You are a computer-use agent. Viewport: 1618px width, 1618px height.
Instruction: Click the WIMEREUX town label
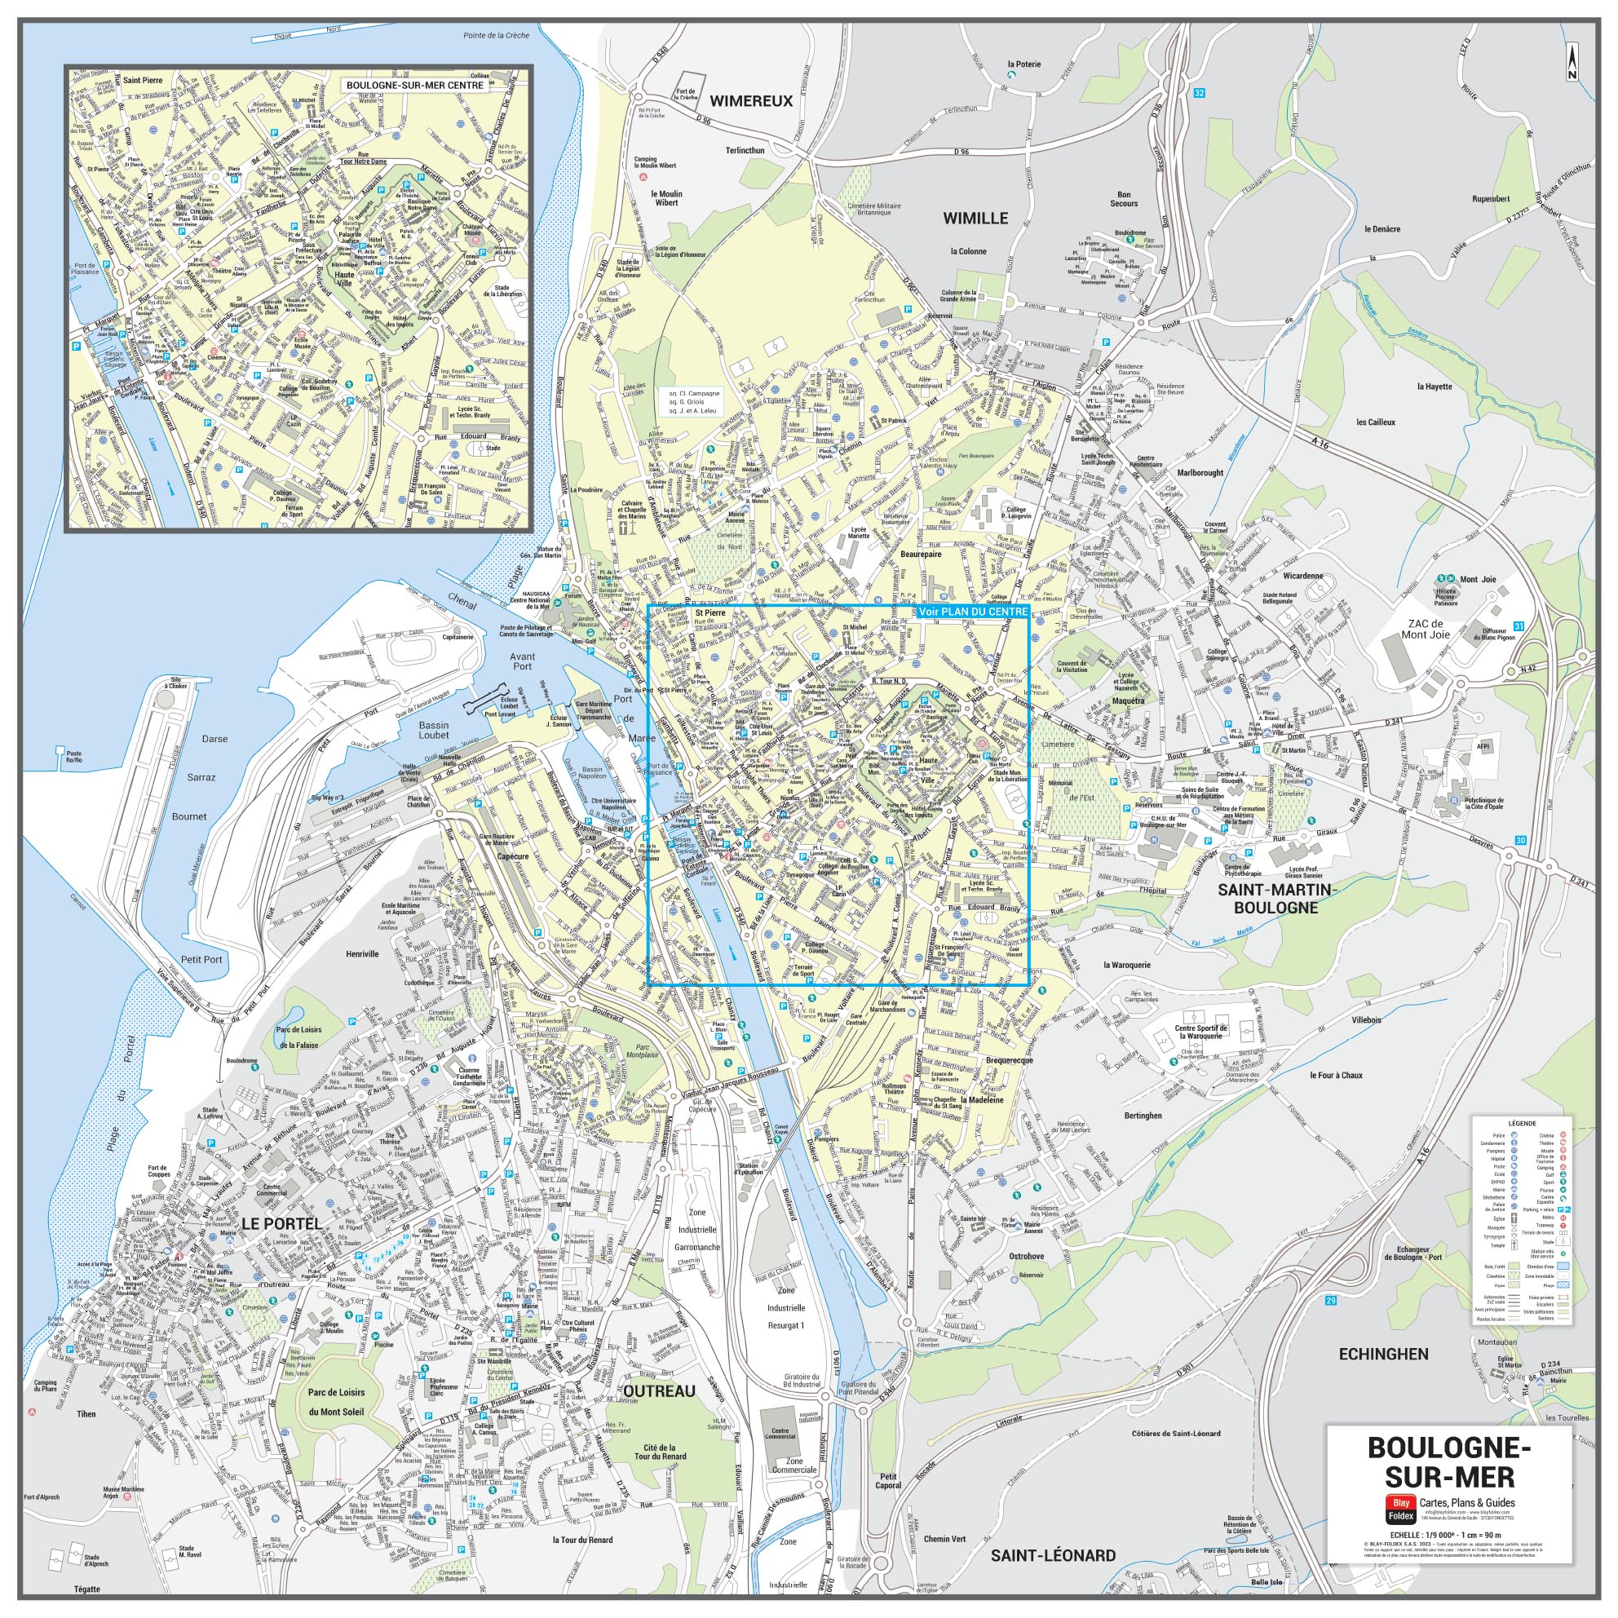[x=750, y=101]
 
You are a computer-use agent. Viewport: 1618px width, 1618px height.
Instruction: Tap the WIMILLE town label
[x=975, y=219]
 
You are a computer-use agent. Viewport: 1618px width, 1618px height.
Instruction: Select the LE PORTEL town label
[x=281, y=1223]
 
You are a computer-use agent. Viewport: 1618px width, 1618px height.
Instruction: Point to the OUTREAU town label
[x=659, y=1391]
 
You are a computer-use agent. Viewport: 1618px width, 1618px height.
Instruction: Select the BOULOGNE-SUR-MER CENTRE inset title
[x=414, y=85]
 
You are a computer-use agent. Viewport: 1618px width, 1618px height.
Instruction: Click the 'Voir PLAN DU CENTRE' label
[x=972, y=612]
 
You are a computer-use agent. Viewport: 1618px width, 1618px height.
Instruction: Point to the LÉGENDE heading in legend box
[x=1522, y=1122]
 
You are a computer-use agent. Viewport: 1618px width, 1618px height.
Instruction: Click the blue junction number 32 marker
[x=1200, y=93]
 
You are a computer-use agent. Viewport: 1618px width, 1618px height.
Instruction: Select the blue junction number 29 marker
[x=1331, y=1301]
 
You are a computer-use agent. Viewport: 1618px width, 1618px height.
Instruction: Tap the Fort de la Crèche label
[x=687, y=94]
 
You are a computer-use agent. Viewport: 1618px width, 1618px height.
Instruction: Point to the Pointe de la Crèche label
[x=496, y=36]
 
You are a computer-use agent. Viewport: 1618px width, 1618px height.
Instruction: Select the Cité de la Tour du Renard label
[x=665, y=1452]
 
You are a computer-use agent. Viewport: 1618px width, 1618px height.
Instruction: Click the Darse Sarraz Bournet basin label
[x=201, y=777]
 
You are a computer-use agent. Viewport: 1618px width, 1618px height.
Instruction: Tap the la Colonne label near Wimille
[x=968, y=251]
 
